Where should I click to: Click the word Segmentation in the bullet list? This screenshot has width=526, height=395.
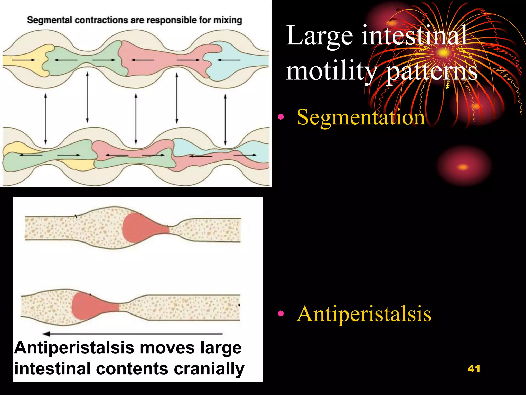[x=361, y=117]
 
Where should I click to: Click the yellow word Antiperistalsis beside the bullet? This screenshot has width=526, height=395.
[x=364, y=314]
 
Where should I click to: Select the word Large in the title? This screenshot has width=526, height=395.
[x=320, y=36]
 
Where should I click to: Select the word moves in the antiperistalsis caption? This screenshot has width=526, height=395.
[x=167, y=348]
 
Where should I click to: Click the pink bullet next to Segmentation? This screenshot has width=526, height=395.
[x=281, y=117]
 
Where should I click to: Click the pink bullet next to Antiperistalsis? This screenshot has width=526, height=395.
[x=281, y=313]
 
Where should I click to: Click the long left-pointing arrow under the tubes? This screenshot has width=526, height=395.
[x=132, y=334]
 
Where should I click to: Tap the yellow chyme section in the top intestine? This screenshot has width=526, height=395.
[x=26, y=61]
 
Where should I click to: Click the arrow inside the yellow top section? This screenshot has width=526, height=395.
[x=24, y=60]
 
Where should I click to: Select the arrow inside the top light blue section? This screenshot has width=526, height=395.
[x=229, y=60]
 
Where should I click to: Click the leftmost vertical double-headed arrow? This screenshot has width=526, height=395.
[x=46, y=119]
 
